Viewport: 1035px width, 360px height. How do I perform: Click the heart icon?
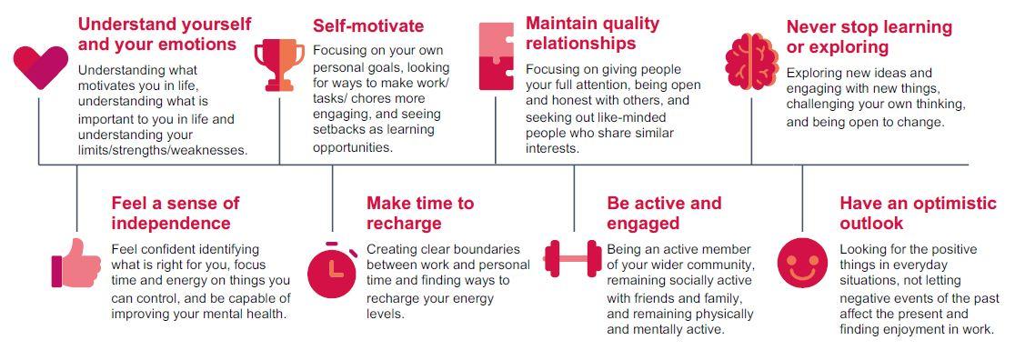(x=40, y=67)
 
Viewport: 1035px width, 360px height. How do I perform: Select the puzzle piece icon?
(x=497, y=56)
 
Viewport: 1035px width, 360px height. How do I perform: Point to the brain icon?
(x=751, y=61)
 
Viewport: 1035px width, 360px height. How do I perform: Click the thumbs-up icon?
(x=75, y=264)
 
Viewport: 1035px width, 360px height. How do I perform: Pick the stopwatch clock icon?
(x=332, y=270)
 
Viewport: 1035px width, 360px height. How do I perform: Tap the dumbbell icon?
(x=573, y=258)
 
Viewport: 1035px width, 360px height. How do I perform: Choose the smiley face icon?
(x=802, y=264)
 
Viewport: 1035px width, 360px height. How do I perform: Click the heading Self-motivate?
(x=368, y=25)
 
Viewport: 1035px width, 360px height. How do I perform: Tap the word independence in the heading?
(x=171, y=224)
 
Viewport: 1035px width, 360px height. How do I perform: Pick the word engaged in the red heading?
(x=643, y=224)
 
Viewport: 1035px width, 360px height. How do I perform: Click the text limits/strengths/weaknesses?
(x=163, y=150)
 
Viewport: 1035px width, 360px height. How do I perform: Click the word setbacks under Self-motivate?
(x=337, y=129)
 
